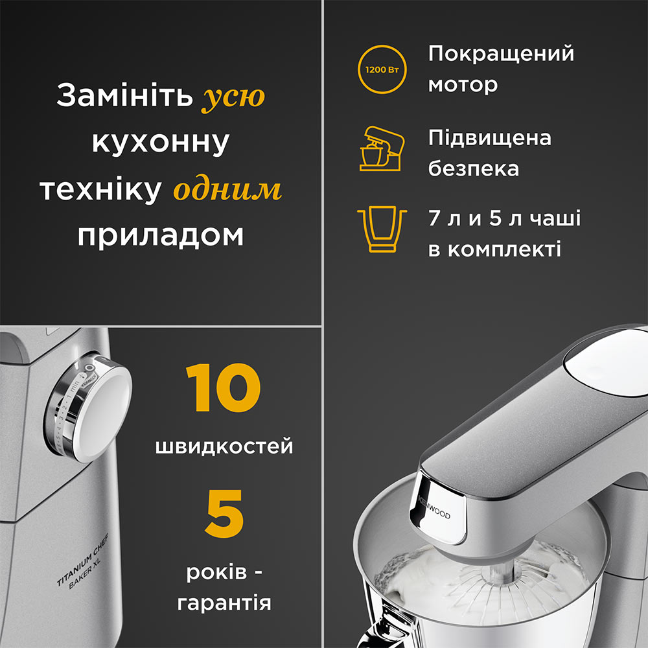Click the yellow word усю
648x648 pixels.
234,97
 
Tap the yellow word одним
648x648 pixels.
227,190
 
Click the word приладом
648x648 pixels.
160,236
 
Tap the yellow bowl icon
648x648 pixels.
382,230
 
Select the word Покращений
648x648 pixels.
501,54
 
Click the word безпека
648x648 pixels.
474,168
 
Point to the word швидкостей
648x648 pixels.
224,446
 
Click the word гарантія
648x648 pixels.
224,604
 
